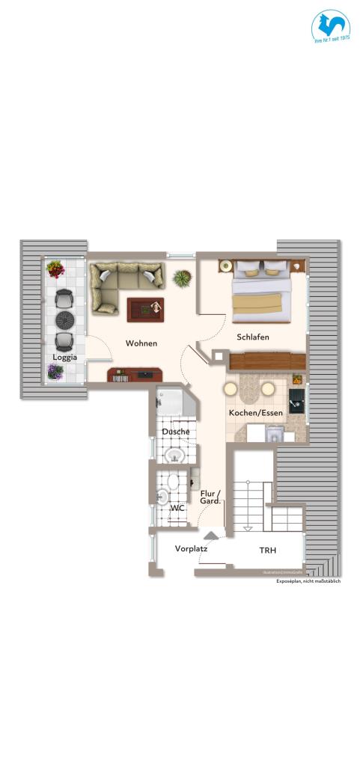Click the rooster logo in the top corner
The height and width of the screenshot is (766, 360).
pos(331,28)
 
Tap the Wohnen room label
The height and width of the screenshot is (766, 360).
pos(141,343)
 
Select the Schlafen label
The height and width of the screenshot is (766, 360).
pos(252,337)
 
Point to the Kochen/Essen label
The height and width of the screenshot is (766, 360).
pos(255,413)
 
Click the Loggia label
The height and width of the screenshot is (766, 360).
pos(64,358)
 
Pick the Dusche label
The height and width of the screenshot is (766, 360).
pos(175,432)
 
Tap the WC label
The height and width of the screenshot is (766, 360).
pos(177,508)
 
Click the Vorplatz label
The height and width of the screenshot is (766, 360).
pos(191,548)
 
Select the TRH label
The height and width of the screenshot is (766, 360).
pos(267,551)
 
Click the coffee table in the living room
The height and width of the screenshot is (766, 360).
pos(145,310)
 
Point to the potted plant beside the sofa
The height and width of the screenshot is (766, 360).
pos(181,279)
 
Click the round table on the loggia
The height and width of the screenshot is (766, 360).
pos(65,320)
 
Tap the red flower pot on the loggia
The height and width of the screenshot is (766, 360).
pos(55,268)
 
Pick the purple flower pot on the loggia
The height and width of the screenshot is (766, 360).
pos(55,371)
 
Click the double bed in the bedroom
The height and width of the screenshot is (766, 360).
pos(259,295)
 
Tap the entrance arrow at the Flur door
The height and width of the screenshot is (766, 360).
pos(211,535)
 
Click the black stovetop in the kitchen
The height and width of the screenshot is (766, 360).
pos(296,399)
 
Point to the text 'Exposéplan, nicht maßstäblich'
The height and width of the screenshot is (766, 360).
pos(308,581)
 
